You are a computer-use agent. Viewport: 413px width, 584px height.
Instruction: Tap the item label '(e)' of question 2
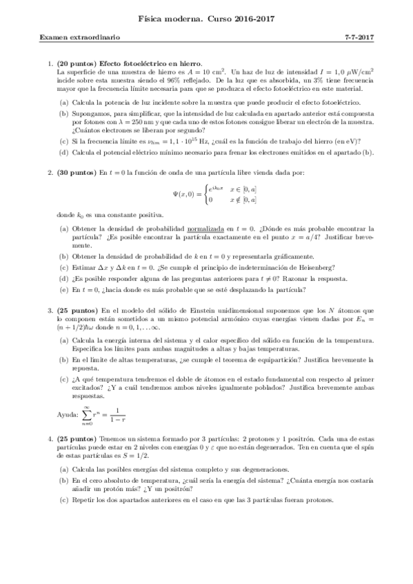click(63, 289)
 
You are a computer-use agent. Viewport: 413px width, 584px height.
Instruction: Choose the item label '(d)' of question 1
click(63, 152)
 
